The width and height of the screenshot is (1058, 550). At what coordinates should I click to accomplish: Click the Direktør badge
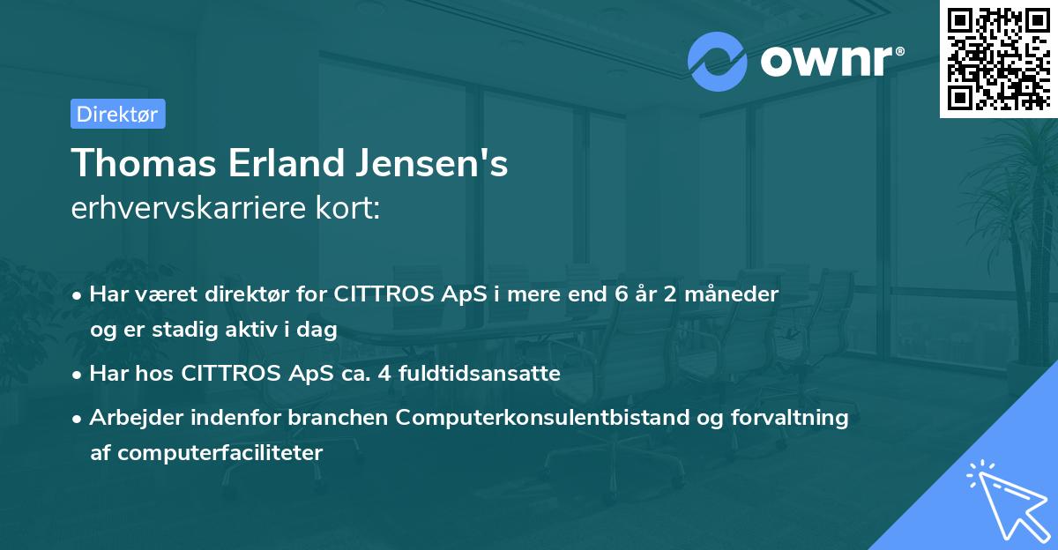tap(117, 114)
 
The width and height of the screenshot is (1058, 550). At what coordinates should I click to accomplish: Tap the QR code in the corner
tap(998, 58)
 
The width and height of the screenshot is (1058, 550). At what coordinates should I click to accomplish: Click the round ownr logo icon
tap(718, 61)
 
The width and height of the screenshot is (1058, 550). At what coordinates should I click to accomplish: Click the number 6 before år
tap(622, 294)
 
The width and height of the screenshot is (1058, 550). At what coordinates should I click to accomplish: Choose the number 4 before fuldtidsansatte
tap(384, 374)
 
